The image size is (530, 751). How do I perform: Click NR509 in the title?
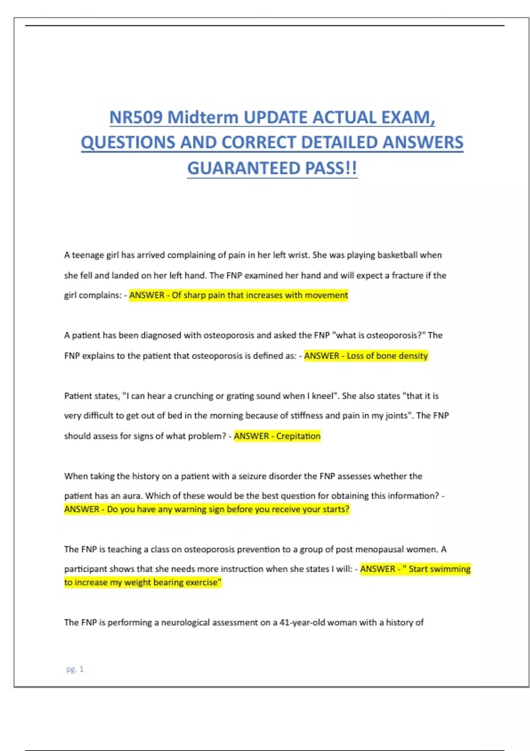136,118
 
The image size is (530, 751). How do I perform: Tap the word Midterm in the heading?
203,118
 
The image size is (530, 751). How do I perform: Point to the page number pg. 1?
75,669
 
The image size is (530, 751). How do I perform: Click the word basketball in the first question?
397,255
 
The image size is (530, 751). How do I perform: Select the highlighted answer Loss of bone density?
387,356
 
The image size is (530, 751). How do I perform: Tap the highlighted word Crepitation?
298,436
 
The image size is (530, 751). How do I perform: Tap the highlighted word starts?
336,509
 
